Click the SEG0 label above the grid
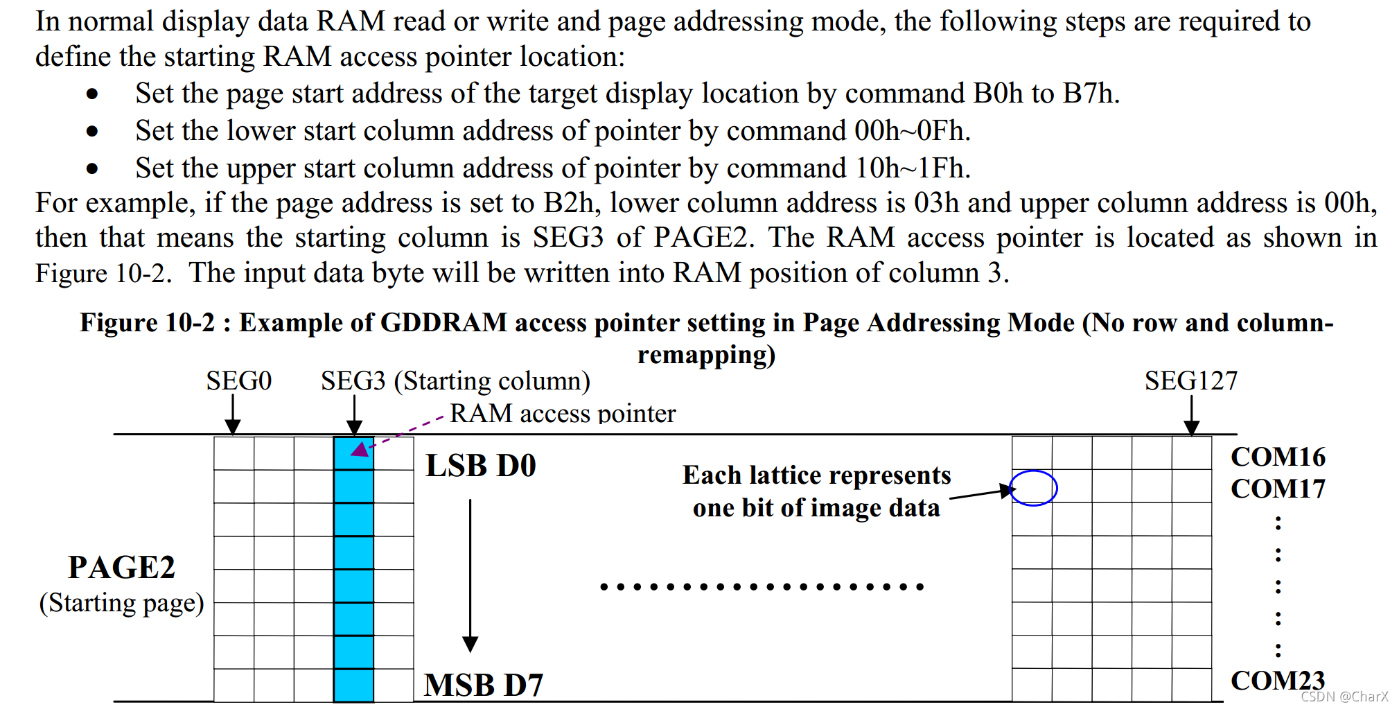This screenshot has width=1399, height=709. point(238,380)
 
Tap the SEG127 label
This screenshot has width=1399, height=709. point(1190,380)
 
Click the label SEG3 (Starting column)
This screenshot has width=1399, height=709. point(455,380)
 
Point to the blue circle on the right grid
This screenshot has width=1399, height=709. point(1033,488)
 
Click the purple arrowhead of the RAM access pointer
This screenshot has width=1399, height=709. point(360,449)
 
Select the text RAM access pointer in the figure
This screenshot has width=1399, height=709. point(563,413)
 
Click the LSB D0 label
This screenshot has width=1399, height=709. point(481,466)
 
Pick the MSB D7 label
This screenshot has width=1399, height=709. point(484,685)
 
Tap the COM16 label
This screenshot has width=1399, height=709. point(1278,457)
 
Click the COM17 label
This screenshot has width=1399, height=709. point(1278,489)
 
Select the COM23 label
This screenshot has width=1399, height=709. point(1278,680)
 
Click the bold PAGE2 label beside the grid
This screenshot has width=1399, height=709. point(121,567)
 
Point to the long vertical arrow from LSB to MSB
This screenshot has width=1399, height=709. point(470,575)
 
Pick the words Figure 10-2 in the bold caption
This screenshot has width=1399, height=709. point(147,323)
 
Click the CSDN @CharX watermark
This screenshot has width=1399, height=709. point(1344,697)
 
